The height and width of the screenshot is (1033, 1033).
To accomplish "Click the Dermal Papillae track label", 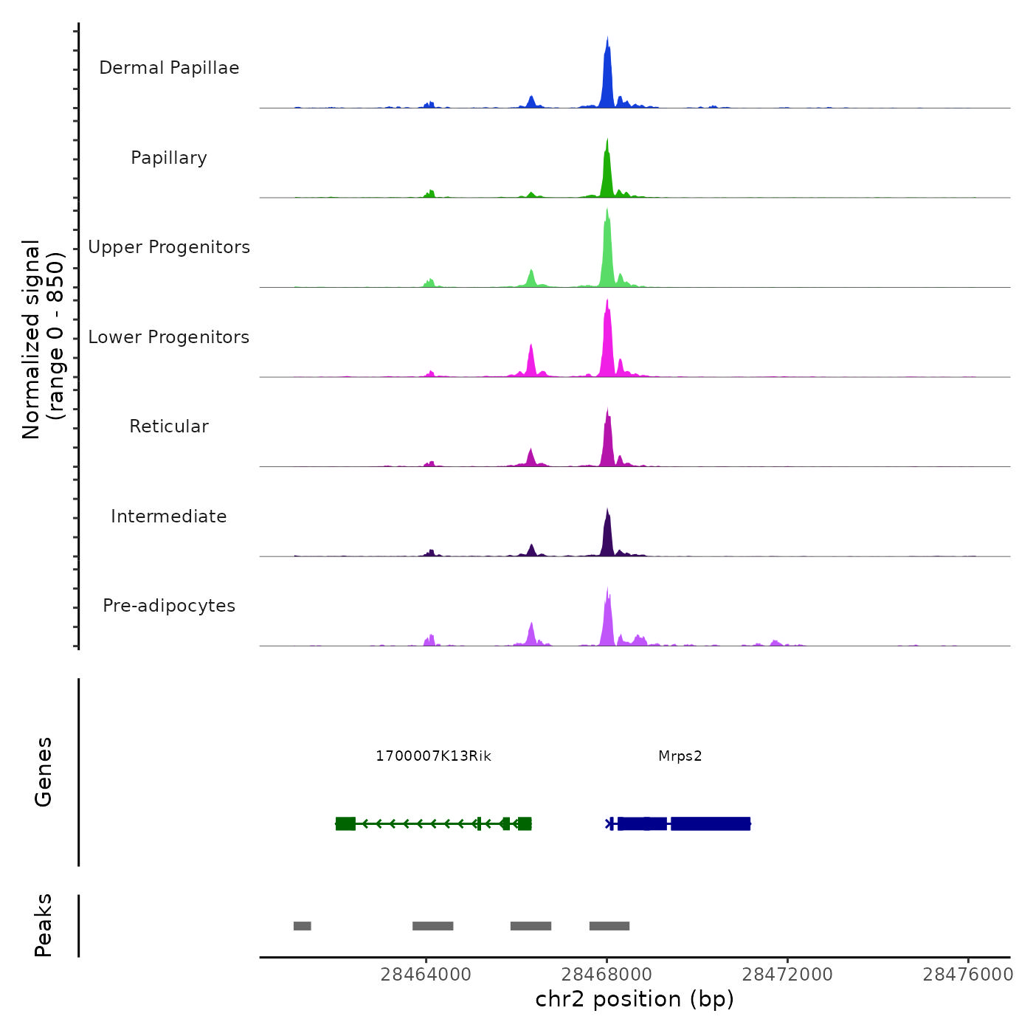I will click(x=169, y=68).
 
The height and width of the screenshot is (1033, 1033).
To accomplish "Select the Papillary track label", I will click(x=169, y=158).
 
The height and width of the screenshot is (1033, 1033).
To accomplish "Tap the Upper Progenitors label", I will click(x=169, y=247).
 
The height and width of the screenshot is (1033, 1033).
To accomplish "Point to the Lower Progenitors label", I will click(x=169, y=337).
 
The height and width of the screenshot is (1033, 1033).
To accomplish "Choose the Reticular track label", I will click(x=169, y=426).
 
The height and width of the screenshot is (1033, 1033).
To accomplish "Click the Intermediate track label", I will click(x=169, y=516).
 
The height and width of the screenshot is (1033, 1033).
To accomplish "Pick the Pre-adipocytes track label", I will click(x=169, y=606).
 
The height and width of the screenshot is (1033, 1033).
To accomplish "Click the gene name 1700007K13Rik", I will click(x=433, y=756).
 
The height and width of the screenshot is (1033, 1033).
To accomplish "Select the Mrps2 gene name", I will click(x=680, y=756).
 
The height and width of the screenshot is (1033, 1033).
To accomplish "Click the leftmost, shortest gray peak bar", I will click(x=302, y=926).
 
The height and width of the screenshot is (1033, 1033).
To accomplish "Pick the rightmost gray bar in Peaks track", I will click(x=609, y=926).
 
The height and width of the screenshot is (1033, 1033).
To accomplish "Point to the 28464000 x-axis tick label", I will click(x=426, y=975).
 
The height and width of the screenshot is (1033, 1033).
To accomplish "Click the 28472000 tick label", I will click(x=787, y=975).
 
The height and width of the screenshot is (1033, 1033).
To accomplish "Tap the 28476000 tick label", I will click(x=968, y=975).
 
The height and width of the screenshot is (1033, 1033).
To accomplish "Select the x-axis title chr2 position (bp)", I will click(x=635, y=999).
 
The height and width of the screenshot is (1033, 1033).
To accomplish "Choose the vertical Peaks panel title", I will click(x=44, y=925).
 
